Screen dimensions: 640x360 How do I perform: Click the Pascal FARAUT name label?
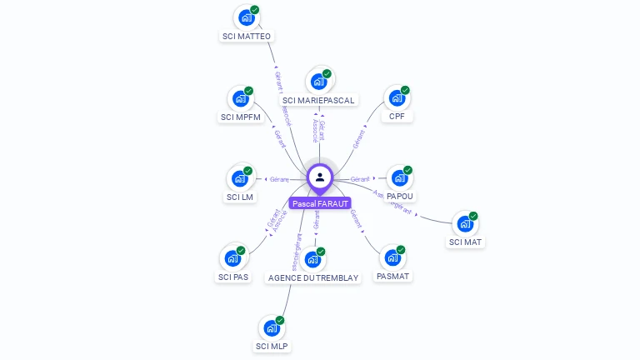click(x=321, y=203)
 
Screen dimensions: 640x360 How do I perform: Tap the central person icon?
click(x=320, y=177)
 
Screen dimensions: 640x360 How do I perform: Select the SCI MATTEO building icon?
click(x=246, y=17)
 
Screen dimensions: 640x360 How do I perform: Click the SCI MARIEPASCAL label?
click(x=318, y=100)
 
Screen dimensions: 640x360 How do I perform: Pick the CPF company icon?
click(x=397, y=97)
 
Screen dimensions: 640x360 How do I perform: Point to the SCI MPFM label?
click(x=241, y=117)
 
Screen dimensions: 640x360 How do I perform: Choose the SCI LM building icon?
click(x=241, y=177)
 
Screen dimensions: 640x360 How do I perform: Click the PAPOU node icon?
click(x=399, y=177)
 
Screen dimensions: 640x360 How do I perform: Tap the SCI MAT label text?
click(x=466, y=242)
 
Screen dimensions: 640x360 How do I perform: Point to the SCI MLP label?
click(x=272, y=346)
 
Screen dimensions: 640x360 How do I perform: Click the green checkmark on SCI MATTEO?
click(x=254, y=10)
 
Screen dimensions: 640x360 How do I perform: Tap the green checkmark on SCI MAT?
click(x=473, y=217)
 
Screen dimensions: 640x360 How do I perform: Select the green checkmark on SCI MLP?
click(x=280, y=321)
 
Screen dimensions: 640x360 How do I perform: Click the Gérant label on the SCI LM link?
click(x=278, y=179)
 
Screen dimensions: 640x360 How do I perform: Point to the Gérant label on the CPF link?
click(x=359, y=139)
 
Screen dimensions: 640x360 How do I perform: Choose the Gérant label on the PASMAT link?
click(x=356, y=218)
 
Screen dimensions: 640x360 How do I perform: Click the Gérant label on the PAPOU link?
click(x=359, y=179)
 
